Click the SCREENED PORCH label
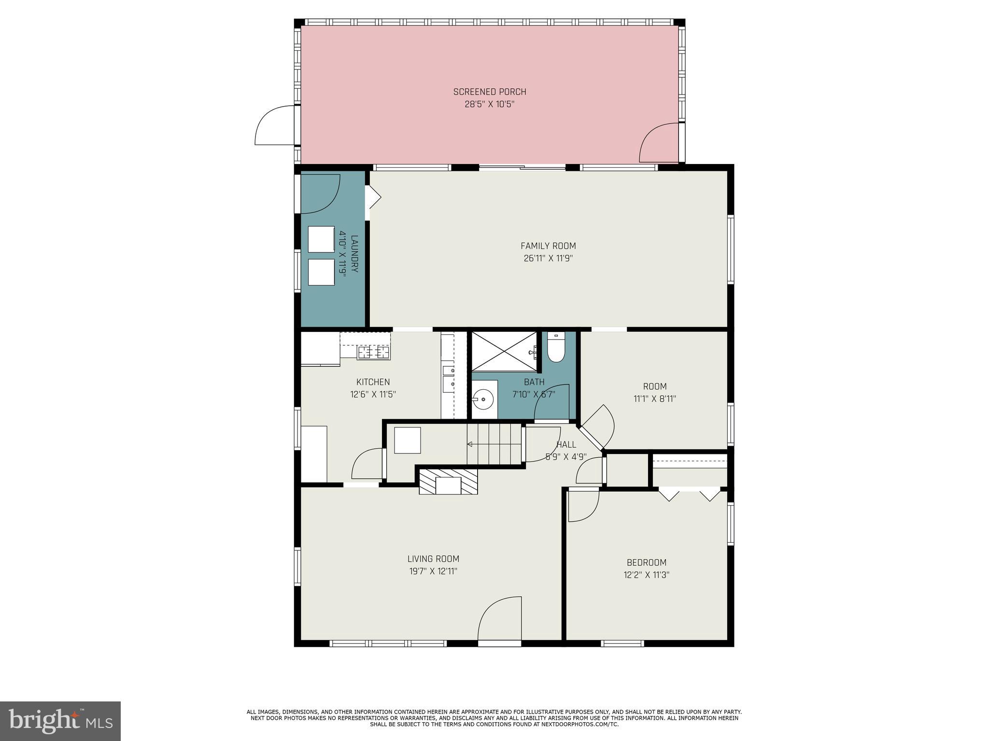click(x=489, y=92)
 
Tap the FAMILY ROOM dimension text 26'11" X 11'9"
click(x=548, y=258)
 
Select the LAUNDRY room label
click(x=354, y=254)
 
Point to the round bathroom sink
click(x=483, y=400)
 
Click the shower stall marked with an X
click(x=504, y=351)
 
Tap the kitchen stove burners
click(x=373, y=352)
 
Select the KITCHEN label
click(x=373, y=382)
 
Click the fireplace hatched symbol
click(x=448, y=482)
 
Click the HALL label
click(x=566, y=445)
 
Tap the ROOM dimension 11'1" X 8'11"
click(x=654, y=399)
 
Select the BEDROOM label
click(x=646, y=563)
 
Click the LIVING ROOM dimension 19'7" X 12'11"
click(x=433, y=571)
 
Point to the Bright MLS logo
click(x=60, y=721)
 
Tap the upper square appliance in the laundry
click(x=321, y=239)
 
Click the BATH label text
click(x=534, y=382)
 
